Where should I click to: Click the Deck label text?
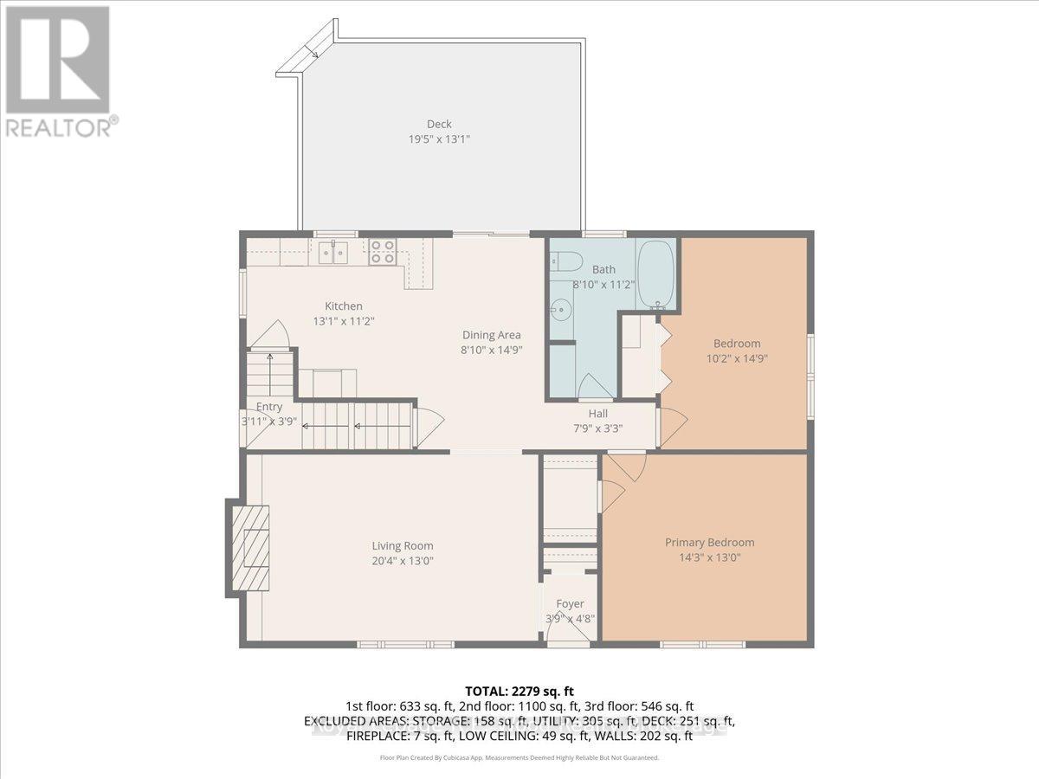pyautogui.click(x=439, y=124)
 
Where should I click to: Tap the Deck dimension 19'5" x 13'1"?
pyautogui.click(x=439, y=138)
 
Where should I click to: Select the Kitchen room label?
pyautogui.click(x=344, y=306)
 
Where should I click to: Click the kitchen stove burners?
pyautogui.click(x=383, y=252)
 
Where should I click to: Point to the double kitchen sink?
pyautogui.click(x=332, y=252)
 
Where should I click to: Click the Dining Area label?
pyautogui.click(x=491, y=335)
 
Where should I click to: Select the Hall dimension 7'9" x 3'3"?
pyautogui.click(x=598, y=428)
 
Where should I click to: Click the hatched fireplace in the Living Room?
pyautogui.click(x=249, y=547)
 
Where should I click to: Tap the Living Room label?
pyautogui.click(x=403, y=546)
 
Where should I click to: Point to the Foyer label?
pyautogui.click(x=570, y=603)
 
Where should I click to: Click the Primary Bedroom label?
pyautogui.click(x=709, y=543)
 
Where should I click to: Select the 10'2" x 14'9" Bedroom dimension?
pyautogui.click(x=737, y=358)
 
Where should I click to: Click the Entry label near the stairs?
pyautogui.click(x=269, y=407)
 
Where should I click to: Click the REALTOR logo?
pyautogui.click(x=59, y=69)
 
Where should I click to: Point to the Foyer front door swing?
pyautogui.click(x=567, y=632)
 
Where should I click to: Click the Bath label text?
pyautogui.click(x=603, y=269)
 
